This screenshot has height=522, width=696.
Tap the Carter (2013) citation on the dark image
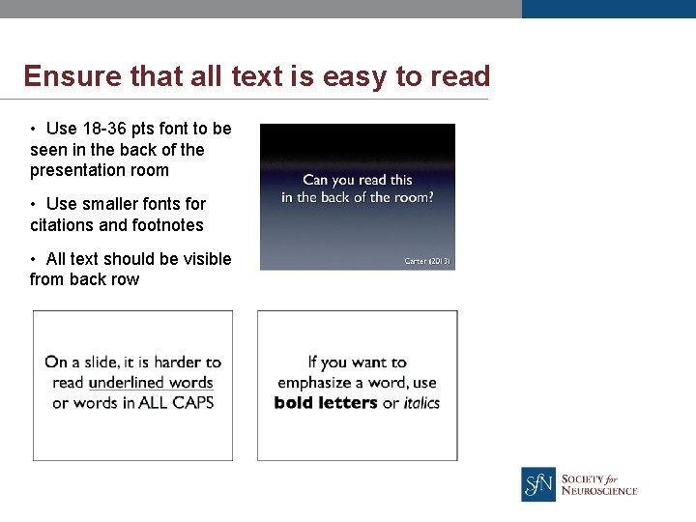coord(426,261)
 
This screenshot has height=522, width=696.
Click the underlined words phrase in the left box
coord(150,383)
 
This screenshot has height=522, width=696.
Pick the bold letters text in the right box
coord(326,403)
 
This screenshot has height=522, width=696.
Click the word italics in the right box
coord(421,403)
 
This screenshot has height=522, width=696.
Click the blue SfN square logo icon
coord(538,483)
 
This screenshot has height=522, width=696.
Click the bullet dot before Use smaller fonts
coord(33,204)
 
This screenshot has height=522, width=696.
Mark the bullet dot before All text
coord(33,259)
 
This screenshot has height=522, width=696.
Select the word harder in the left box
coord(177,362)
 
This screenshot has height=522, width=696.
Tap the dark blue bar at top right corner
coord(608,9)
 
